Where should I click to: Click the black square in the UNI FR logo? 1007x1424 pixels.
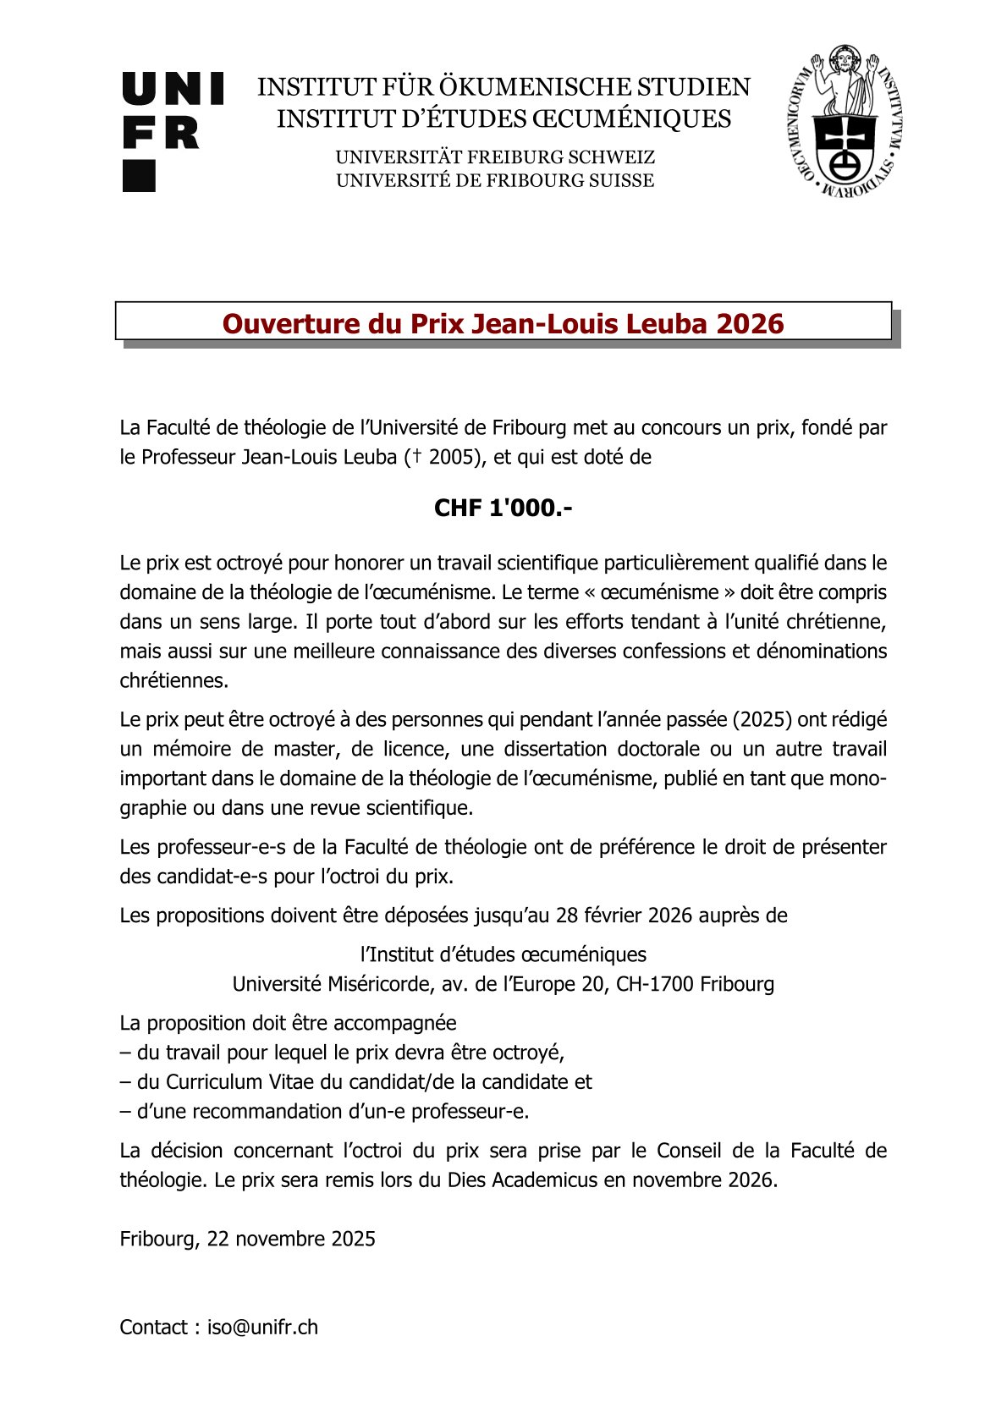(x=139, y=176)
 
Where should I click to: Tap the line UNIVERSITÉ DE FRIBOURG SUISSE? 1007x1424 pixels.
(x=495, y=180)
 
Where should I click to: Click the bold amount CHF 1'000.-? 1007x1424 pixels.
(x=503, y=508)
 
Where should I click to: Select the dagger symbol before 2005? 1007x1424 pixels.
(x=416, y=457)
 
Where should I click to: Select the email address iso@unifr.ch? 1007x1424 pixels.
(x=262, y=1328)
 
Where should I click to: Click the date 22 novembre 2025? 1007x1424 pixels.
(x=291, y=1239)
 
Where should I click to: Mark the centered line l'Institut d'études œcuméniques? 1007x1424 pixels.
(x=503, y=954)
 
